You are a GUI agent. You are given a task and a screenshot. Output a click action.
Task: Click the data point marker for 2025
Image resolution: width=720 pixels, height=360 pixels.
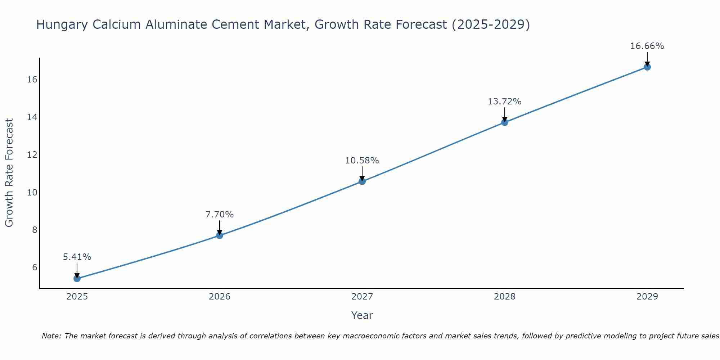click(77, 278)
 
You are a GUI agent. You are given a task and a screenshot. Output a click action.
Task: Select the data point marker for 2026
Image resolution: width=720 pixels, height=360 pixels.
click(220, 235)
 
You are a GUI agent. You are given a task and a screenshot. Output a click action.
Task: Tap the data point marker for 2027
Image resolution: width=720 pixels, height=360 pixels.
click(362, 181)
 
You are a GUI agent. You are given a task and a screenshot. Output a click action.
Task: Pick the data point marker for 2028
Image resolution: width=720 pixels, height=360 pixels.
click(505, 122)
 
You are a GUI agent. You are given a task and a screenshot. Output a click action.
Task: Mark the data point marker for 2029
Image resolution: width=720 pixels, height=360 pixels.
click(647, 67)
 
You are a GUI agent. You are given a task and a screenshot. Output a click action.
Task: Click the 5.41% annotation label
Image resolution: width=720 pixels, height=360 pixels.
click(77, 257)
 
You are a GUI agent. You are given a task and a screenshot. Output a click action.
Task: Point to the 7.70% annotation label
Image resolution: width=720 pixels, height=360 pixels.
click(220, 215)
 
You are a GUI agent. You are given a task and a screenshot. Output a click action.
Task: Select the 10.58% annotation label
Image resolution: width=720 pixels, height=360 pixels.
click(362, 161)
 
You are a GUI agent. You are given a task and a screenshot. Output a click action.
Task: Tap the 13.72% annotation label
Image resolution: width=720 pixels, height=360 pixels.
click(505, 102)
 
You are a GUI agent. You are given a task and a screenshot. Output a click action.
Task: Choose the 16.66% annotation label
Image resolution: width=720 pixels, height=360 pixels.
click(647, 46)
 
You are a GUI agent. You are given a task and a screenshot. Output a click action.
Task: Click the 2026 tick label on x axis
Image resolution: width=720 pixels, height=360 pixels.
click(220, 297)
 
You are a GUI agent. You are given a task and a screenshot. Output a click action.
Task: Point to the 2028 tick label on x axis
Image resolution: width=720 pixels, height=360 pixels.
click(505, 297)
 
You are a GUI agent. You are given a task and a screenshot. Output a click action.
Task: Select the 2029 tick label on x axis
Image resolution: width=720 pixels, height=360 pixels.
click(647, 297)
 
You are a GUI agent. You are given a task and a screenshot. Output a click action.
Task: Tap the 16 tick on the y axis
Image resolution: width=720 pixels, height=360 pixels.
click(32, 80)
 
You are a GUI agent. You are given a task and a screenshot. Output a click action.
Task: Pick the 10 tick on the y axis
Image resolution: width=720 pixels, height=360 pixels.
click(32, 192)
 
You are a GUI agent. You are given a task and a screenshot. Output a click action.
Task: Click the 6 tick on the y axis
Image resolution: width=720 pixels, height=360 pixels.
click(35, 267)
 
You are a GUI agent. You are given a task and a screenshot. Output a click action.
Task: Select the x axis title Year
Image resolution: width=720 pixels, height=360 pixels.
click(362, 315)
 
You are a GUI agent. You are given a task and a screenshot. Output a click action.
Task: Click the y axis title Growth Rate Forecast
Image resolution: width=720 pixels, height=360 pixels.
click(9, 173)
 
